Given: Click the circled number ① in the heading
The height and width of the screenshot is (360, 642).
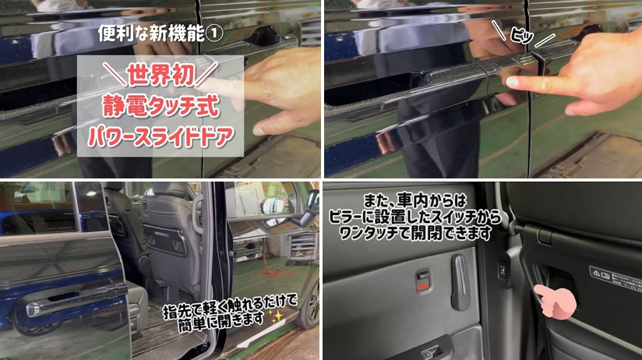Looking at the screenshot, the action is coord(213,34).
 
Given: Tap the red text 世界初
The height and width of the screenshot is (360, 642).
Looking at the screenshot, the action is coord(160,74).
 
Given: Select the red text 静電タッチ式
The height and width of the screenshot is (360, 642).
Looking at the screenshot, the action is coord(160,106).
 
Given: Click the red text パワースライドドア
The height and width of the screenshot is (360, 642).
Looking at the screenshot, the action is coord(160,137).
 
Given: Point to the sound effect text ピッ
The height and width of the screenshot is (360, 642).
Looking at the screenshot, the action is coord(522,37).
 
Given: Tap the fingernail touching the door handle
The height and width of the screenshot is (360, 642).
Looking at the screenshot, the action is coord(513,82).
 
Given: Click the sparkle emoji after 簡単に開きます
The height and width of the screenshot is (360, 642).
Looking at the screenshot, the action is coord(275,316).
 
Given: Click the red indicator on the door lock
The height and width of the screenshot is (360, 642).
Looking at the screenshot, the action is coord(422,287).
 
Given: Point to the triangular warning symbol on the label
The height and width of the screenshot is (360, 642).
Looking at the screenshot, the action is coord(596,272).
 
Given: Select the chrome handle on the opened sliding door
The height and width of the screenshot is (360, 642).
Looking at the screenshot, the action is coord(74,301).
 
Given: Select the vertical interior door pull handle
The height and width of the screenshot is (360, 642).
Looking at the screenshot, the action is coord(460,282).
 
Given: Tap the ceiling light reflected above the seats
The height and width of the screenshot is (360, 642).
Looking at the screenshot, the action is coord(91,193).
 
